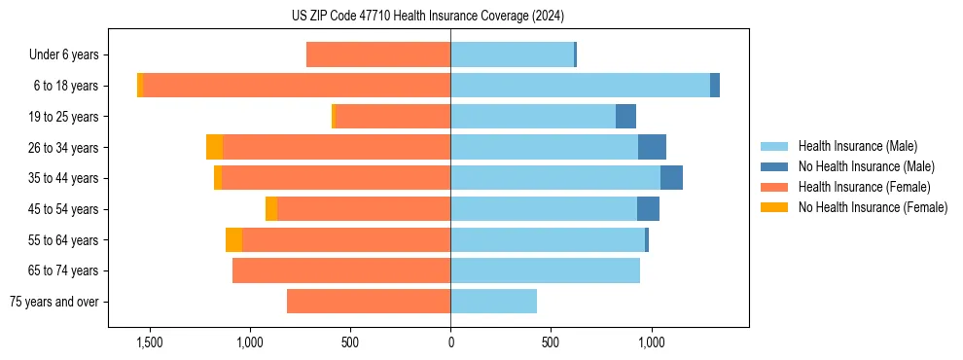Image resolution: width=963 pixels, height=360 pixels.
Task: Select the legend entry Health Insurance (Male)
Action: click(x=857, y=146)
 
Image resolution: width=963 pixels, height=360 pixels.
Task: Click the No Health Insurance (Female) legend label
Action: click(x=873, y=207)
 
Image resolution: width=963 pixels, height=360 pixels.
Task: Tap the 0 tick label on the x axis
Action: click(x=450, y=342)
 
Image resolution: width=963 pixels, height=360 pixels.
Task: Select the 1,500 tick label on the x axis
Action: click(x=150, y=342)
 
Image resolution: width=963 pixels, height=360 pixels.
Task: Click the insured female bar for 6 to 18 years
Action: click(x=297, y=86)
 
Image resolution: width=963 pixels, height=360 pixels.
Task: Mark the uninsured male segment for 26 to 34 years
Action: click(x=652, y=147)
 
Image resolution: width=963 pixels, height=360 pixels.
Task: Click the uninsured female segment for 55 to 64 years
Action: click(x=233, y=240)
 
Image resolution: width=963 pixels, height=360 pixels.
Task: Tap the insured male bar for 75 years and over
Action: click(x=493, y=302)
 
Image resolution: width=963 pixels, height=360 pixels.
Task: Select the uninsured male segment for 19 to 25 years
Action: click(x=625, y=117)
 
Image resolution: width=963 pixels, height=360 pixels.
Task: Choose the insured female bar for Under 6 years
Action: click(x=378, y=55)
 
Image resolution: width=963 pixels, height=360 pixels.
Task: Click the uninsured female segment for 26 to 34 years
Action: click(x=214, y=147)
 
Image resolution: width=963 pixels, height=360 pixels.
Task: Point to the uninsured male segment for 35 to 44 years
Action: click(x=671, y=178)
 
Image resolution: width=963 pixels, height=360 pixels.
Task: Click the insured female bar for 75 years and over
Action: click(x=369, y=302)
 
